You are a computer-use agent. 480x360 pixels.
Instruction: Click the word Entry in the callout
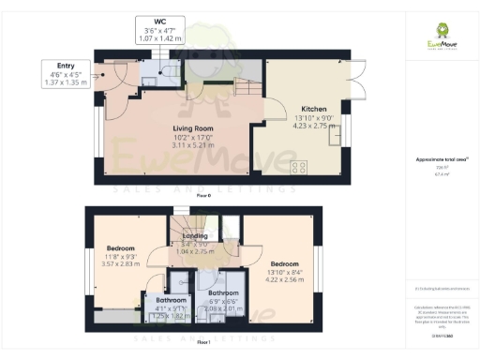point(65,67)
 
